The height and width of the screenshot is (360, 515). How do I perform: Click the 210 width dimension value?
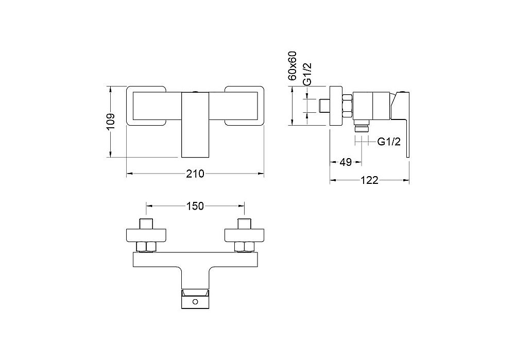pos(195,174)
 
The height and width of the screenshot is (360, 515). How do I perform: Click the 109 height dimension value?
pos(111,122)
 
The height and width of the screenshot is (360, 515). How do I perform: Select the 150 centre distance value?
pos(195,206)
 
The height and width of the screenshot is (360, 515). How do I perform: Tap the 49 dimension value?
pos(346,162)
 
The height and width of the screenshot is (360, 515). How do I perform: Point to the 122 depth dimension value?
pos(369,180)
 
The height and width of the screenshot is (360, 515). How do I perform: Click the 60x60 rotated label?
pos(292,66)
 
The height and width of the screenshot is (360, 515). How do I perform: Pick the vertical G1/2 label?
pos(306,75)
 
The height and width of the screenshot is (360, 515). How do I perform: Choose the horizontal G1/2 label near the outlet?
pos(389,142)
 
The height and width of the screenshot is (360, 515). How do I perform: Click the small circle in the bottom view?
pos(195,302)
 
